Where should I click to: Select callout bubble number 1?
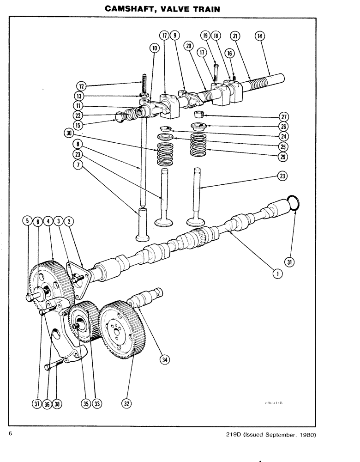pyautogui.click(x=277, y=274)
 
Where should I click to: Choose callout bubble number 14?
pyautogui.click(x=259, y=36)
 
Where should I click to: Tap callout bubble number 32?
pyautogui.click(x=126, y=403)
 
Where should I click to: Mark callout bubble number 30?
pyautogui.click(x=70, y=133)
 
